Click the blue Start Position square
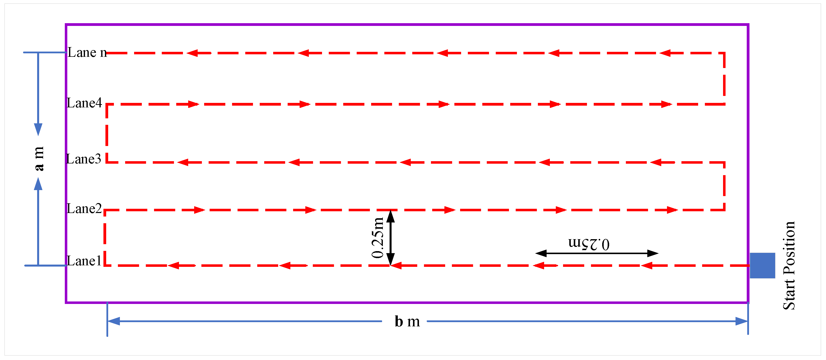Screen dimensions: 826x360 [762, 265]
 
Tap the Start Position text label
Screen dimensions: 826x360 [789, 265]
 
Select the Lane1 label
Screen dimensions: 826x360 [84, 261]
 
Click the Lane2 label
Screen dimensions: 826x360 [84, 209]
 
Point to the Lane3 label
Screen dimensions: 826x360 [84, 159]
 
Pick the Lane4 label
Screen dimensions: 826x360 [84, 103]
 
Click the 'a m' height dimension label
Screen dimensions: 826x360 [38, 159]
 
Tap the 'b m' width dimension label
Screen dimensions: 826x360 [407, 321]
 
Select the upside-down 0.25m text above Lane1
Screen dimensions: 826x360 [589, 244]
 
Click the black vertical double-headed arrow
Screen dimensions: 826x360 [390, 238]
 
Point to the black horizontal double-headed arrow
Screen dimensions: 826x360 [597, 253]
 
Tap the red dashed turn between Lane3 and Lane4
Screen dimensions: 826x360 [107, 133]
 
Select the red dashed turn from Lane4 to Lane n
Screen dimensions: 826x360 [724, 78]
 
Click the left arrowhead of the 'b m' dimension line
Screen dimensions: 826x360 [114, 321]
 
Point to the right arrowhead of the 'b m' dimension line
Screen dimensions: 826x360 [741, 321]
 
